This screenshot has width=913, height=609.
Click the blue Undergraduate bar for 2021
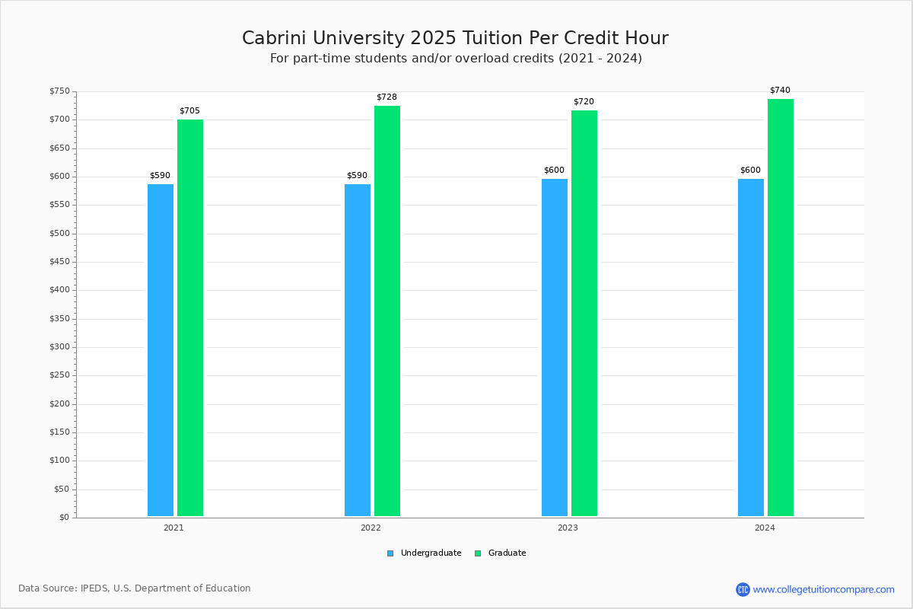click(x=161, y=350)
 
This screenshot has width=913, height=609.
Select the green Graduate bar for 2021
click(x=190, y=318)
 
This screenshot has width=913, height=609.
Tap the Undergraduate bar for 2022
click(x=358, y=350)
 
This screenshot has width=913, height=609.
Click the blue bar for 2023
click(x=555, y=348)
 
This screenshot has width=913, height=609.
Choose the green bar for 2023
click(x=584, y=314)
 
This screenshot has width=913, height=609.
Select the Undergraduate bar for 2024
click(x=751, y=348)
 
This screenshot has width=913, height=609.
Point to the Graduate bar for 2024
click(x=781, y=308)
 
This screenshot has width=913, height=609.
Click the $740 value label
click(x=780, y=91)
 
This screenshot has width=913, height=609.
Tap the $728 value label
click(x=387, y=97)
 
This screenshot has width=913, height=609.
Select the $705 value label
click(x=189, y=111)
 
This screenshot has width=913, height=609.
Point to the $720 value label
click(x=584, y=102)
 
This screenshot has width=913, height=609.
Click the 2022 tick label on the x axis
click(x=371, y=528)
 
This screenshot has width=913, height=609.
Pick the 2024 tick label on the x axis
click(x=765, y=528)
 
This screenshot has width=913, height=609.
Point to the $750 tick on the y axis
click(x=59, y=91)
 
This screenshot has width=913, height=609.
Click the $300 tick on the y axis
click(x=59, y=347)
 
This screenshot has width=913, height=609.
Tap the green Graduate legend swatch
click(x=478, y=553)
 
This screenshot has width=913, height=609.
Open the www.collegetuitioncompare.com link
click(x=823, y=589)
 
